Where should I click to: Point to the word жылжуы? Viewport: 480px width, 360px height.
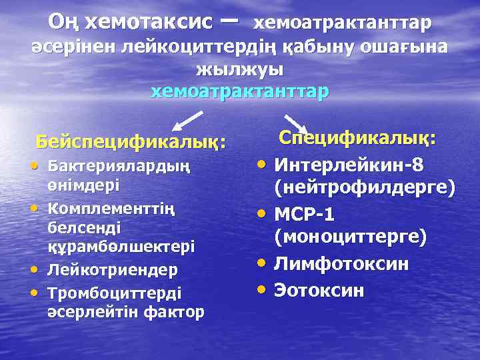[x=240, y=69]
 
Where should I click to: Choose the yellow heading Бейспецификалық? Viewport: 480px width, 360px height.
[x=131, y=141]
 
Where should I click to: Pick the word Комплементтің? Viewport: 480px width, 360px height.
[x=111, y=209]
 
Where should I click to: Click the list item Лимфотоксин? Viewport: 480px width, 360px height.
[x=342, y=264]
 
